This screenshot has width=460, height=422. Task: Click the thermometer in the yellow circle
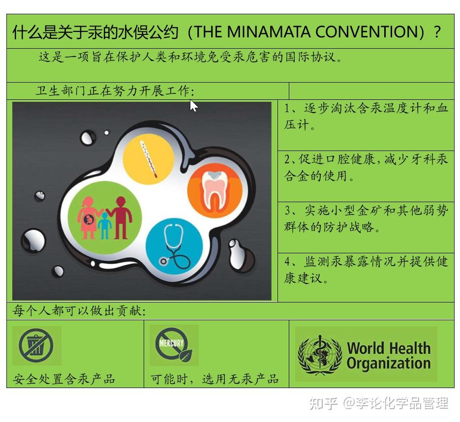click(x=149, y=159)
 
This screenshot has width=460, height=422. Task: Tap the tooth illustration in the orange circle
click(x=215, y=191)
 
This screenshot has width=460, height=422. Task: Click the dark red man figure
click(x=120, y=217)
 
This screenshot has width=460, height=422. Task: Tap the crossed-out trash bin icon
click(x=36, y=345)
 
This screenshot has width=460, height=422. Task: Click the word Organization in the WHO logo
click(x=389, y=363)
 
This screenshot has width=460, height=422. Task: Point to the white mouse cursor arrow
click(x=193, y=106)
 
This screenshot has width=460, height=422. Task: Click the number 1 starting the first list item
click(x=287, y=109)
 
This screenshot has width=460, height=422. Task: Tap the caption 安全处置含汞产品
click(x=63, y=379)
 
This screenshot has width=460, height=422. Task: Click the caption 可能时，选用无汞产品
click(x=215, y=379)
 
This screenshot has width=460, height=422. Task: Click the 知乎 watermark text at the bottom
click(x=324, y=403)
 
